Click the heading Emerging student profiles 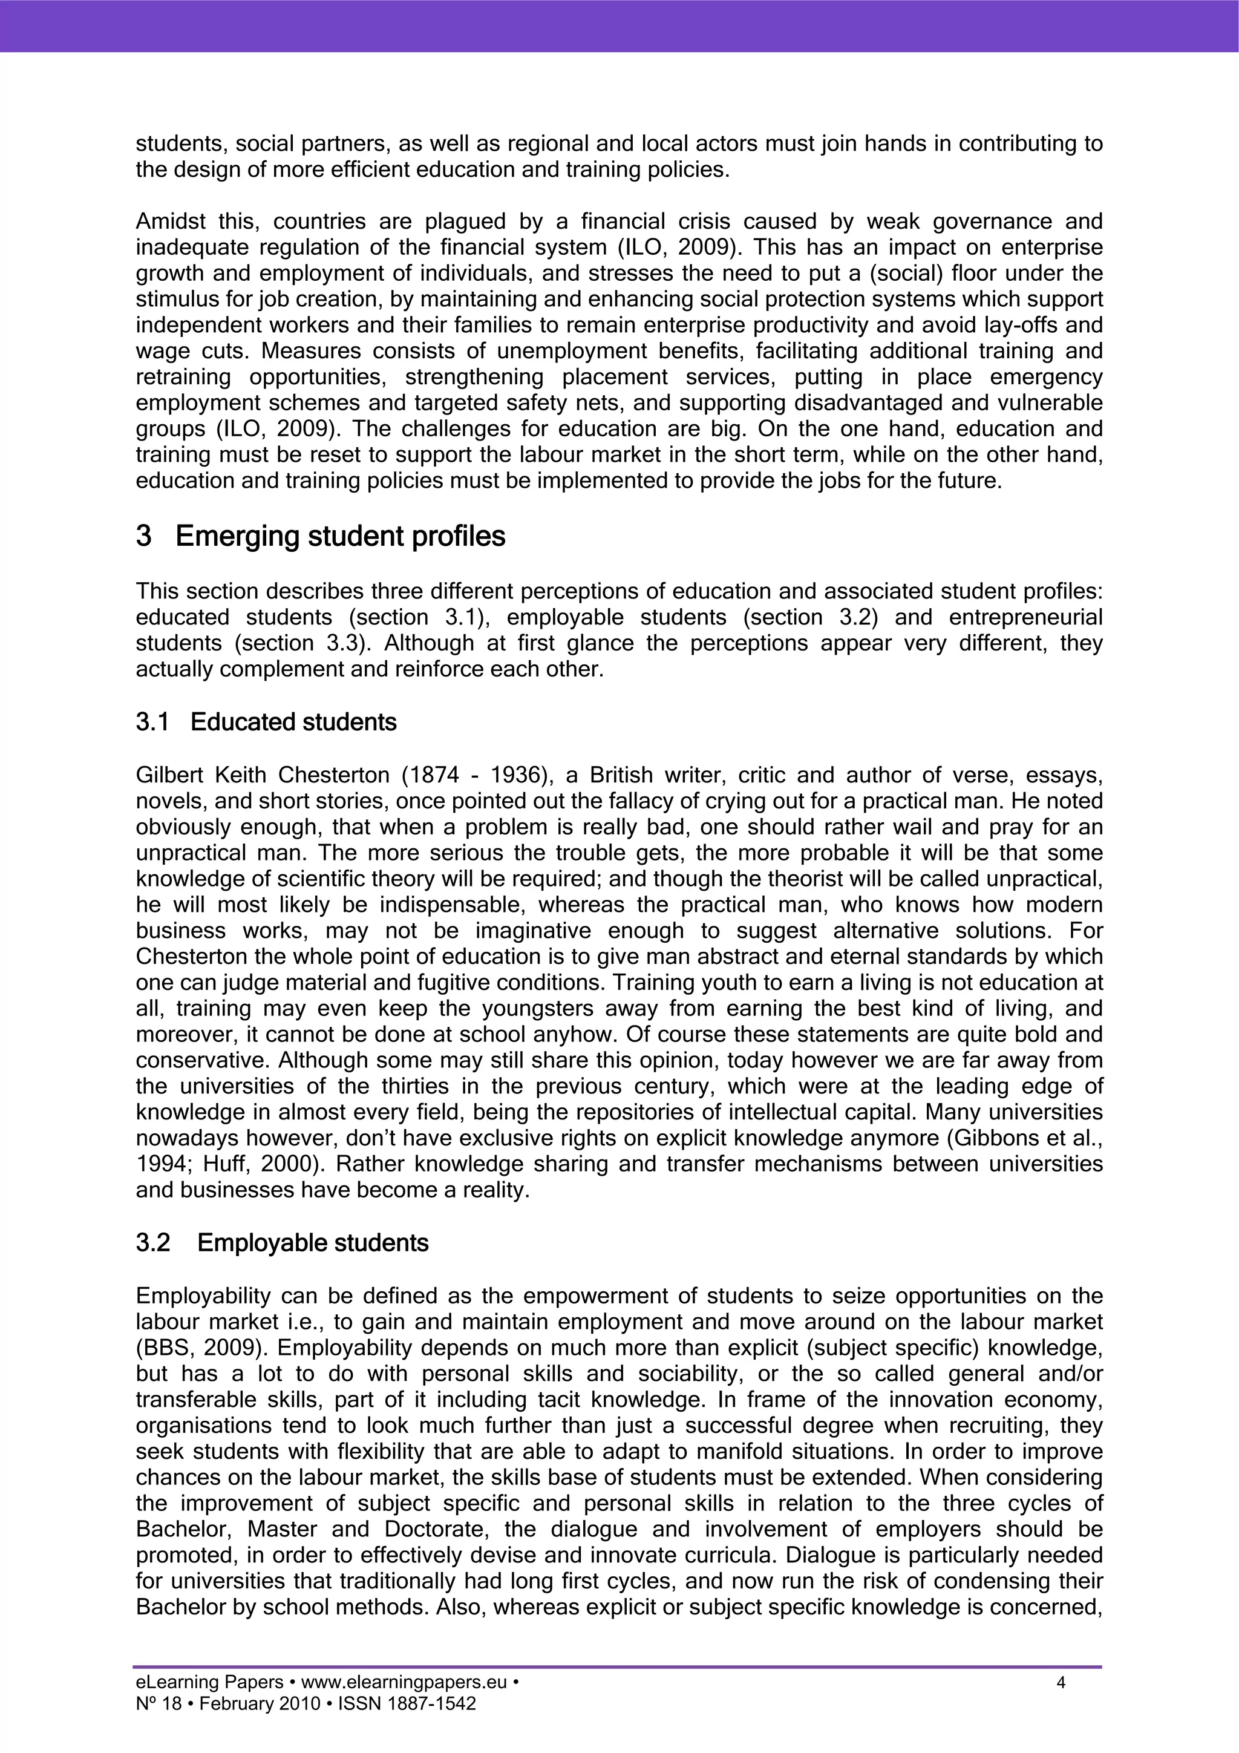340,537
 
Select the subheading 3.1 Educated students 293,722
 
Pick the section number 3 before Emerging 143,537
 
